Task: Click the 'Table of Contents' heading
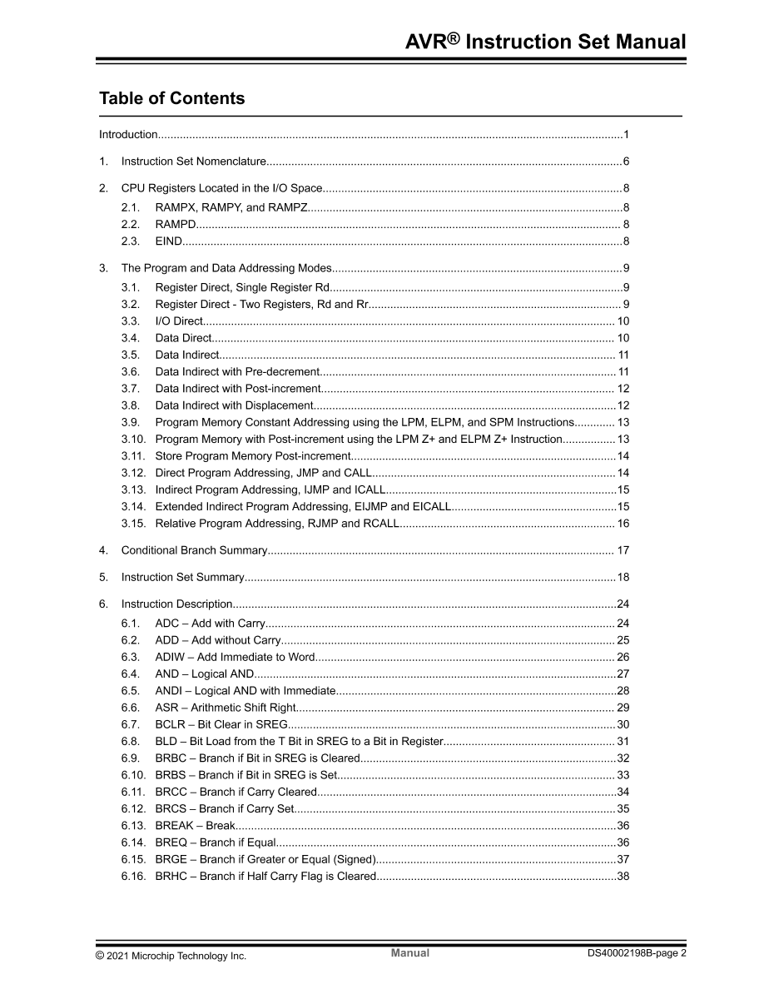point(171,98)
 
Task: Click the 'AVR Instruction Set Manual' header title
point(545,42)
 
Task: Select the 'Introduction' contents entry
point(128,135)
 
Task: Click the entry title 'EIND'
point(168,241)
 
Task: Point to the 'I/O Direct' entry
point(179,321)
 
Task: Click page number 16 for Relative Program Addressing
point(623,524)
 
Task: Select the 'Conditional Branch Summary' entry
point(194,550)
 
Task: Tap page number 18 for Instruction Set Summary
point(623,577)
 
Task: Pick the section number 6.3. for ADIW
point(131,657)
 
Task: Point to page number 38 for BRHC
point(623,876)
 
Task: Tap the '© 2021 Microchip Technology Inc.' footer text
point(171,957)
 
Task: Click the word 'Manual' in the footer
point(410,953)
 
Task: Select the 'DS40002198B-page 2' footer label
point(637,954)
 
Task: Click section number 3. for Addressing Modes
point(103,268)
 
